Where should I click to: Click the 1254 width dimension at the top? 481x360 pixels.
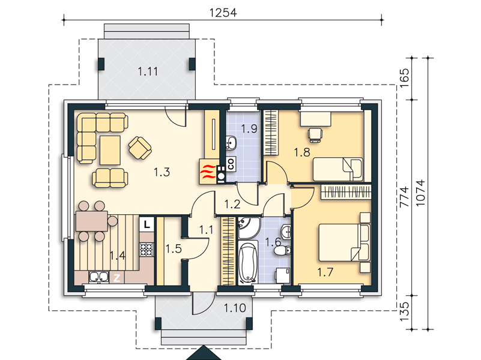click(223, 13)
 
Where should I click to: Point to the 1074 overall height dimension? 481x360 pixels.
click(420, 193)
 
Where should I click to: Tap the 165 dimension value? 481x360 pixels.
click(405, 77)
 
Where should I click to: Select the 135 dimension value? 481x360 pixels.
click(405, 311)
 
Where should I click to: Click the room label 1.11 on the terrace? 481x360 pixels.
click(148, 71)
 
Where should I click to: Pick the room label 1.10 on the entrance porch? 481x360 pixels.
click(235, 308)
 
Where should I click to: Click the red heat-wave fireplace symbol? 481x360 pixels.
click(207, 173)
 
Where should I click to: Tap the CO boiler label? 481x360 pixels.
click(231, 163)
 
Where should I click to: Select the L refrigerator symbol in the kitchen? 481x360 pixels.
click(147, 224)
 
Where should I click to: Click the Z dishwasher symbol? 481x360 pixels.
click(117, 278)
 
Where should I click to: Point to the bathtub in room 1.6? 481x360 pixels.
click(248, 262)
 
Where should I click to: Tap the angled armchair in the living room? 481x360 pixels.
click(140, 148)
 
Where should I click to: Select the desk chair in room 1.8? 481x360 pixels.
click(315, 135)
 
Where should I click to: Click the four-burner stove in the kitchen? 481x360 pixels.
click(147, 249)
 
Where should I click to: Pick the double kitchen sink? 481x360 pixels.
click(98, 277)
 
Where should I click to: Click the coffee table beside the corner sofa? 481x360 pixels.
click(110, 151)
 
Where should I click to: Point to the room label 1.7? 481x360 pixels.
click(325, 272)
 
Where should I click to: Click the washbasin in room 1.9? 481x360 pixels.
click(231, 143)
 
